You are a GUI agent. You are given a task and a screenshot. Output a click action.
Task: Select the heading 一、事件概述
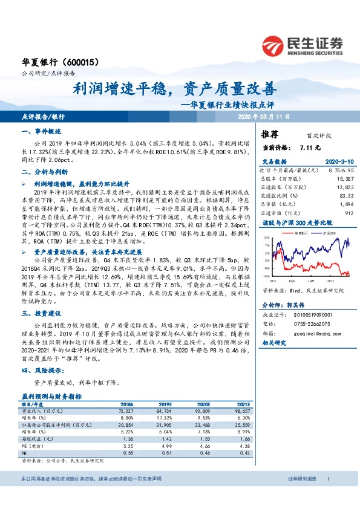(x=41, y=131)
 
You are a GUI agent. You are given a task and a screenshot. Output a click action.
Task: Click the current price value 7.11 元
(x=310, y=147)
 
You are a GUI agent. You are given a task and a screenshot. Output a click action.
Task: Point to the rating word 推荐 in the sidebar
(x=270, y=134)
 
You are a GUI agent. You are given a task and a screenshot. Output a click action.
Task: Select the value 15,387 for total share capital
(x=344, y=179)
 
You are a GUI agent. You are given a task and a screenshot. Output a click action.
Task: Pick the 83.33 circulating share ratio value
(x=346, y=196)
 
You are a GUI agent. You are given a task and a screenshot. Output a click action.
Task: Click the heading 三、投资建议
(x=41, y=313)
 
